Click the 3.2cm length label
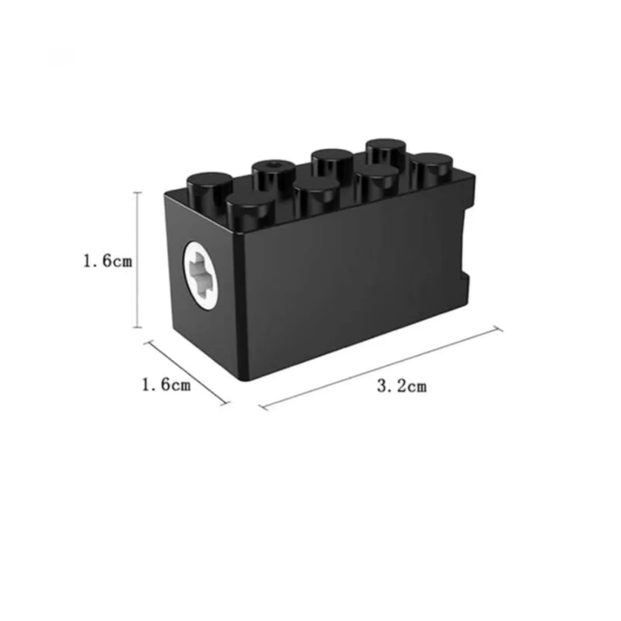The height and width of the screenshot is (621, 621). point(401,387)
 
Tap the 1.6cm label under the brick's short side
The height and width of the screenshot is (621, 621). point(166,385)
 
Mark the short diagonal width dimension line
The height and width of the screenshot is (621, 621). point(186,373)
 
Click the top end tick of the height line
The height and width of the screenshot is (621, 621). point(136,193)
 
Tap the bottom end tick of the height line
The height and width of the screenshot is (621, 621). point(136,328)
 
